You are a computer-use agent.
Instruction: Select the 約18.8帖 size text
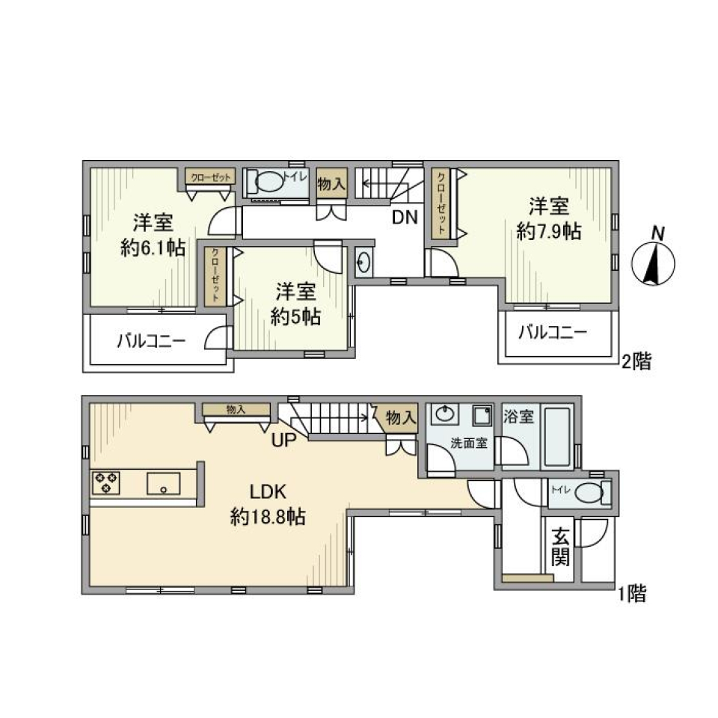pyautogui.click(x=268, y=517)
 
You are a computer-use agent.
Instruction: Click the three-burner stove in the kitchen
pyautogui.click(x=106, y=482)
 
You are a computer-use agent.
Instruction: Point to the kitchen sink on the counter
pyautogui.click(x=164, y=483)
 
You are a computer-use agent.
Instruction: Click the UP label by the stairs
pyautogui.click(x=284, y=440)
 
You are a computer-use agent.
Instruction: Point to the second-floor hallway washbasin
pyautogui.click(x=363, y=262)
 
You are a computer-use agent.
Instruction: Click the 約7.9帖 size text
pyautogui.click(x=549, y=232)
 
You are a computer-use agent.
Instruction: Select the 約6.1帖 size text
pyautogui.click(x=153, y=248)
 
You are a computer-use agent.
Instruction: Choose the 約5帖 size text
pyautogui.click(x=295, y=316)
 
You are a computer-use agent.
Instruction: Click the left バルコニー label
pyautogui.click(x=150, y=342)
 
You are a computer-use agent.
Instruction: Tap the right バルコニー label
pyautogui.click(x=553, y=332)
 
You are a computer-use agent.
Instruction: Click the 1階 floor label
pyautogui.click(x=631, y=595)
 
